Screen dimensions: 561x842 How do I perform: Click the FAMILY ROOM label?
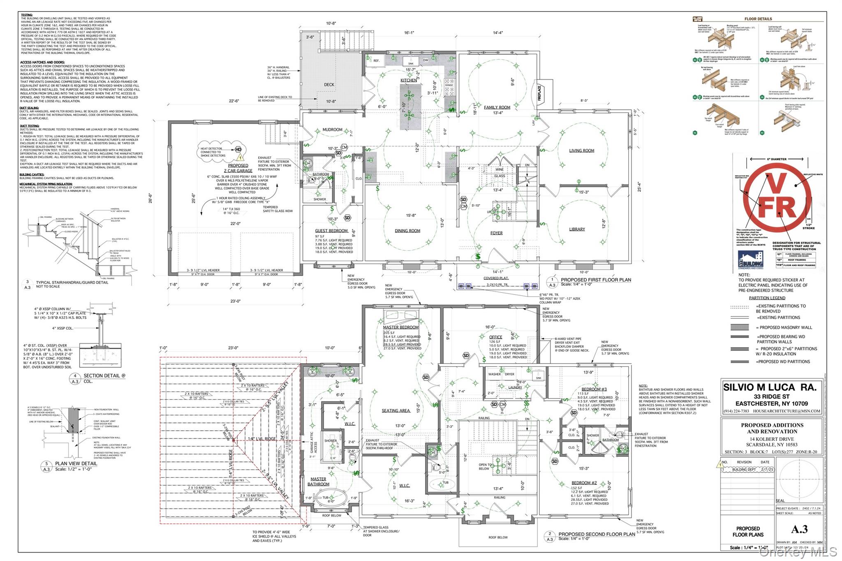497,107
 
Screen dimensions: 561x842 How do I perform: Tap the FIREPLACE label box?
539,93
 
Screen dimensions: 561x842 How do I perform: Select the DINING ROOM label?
407,231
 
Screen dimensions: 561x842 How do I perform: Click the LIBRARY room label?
577,229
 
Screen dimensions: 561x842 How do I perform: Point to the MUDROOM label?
332,130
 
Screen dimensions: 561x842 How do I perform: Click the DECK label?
329,85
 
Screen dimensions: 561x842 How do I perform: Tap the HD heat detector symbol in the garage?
238,150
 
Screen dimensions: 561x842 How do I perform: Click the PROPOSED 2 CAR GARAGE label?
238,168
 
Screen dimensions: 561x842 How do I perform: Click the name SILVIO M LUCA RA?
770,387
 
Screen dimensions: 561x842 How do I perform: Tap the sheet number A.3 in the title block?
799,529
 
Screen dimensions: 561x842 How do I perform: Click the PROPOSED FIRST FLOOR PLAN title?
596,280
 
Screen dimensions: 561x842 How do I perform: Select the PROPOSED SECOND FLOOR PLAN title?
596,534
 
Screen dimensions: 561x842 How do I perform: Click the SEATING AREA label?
396,410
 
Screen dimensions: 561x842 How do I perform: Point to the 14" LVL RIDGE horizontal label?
261,439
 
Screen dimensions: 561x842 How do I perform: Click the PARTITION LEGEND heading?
767,298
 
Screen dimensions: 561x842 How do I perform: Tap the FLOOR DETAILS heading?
758,19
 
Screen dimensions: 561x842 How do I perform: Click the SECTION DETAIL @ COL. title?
104,376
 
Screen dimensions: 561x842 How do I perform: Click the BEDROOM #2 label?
584,483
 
